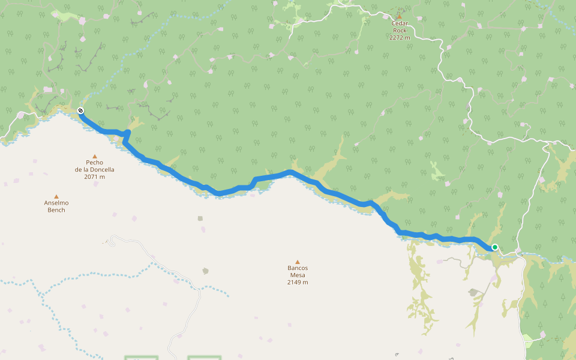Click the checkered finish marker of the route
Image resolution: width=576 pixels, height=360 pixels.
80,110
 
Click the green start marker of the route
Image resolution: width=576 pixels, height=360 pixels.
495,247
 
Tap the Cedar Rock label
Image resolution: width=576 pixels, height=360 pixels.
400,27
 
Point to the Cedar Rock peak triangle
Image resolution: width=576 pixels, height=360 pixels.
400,16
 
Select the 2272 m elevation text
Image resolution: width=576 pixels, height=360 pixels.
400,37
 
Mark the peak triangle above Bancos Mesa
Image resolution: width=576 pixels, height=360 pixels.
297,261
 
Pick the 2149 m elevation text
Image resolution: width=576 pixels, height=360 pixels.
297,282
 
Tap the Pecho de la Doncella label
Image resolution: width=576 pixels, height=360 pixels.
94,166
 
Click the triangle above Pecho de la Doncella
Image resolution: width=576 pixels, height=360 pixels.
94,156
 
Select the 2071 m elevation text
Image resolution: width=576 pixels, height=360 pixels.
94,176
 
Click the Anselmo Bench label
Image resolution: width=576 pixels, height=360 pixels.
56,206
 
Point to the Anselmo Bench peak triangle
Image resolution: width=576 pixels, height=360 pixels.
56,196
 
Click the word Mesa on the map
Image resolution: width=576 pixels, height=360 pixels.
297,275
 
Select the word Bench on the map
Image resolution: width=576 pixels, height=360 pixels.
56,210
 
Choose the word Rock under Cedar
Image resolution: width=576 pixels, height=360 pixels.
400,31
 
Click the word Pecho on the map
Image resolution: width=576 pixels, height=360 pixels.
94,162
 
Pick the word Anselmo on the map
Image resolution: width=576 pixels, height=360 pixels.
56,203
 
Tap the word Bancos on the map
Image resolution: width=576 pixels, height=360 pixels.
297,268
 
